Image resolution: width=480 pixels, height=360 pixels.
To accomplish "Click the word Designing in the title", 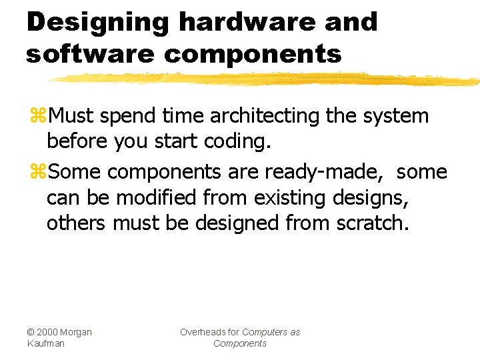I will point(97,23).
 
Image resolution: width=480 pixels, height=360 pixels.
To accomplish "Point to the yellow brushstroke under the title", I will point(267,79).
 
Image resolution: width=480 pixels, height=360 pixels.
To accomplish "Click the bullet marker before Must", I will point(37,116).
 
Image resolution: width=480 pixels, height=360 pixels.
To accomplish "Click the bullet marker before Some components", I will point(37,172).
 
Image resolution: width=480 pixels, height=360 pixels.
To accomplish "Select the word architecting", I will point(265,116).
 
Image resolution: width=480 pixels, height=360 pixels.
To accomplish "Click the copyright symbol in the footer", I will point(31,332).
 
